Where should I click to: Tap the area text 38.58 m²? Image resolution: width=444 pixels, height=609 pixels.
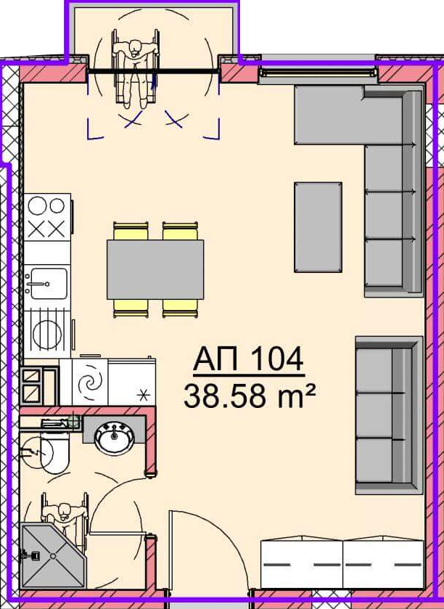pos(249,396)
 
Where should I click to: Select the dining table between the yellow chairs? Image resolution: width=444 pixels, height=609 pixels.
pos(155,269)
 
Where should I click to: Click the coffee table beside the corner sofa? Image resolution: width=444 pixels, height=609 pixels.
pos(318,227)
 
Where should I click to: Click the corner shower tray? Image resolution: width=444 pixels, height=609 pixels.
pos(52,555)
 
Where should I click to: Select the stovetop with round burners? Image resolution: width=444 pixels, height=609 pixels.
pos(47,217)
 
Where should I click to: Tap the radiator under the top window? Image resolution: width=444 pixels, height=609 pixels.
pos(318,73)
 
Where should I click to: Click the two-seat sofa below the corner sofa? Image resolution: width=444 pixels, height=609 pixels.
pos(389,416)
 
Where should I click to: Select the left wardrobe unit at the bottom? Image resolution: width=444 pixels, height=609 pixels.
pos(302,563)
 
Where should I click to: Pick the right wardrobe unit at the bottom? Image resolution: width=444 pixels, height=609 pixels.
pos(384,563)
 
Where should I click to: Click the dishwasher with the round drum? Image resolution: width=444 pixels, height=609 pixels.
pos(47,333)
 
